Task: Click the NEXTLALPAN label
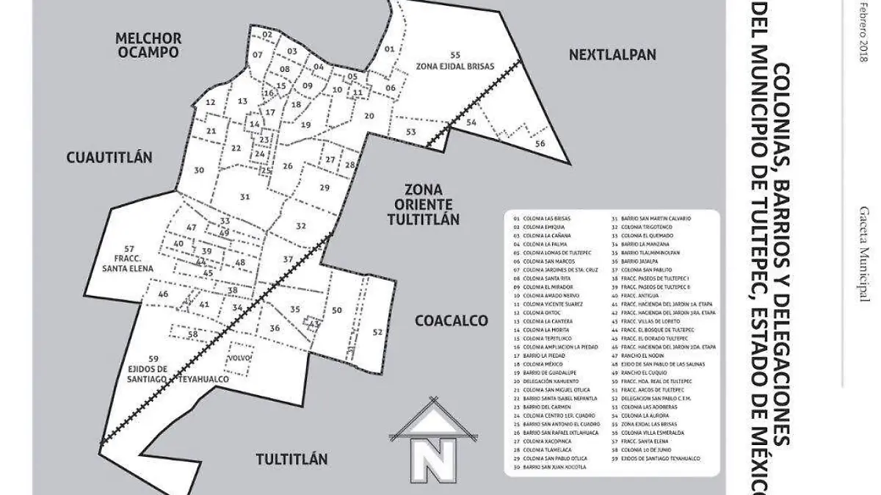coord(612,54)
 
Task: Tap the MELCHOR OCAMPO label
coord(148,45)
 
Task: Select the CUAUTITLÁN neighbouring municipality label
coord(109,157)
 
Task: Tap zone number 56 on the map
coord(540,144)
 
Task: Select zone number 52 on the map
coord(377,332)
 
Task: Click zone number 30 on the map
coord(199,170)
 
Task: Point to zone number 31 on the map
coord(244,197)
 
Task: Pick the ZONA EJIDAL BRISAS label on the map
coord(455,61)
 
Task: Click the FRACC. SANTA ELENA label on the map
coord(128,259)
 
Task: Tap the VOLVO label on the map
coord(240,358)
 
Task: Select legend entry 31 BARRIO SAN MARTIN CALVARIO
coord(656,219)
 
